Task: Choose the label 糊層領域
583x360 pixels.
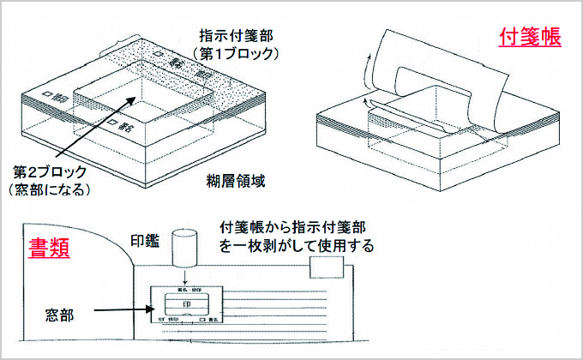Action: coord(240,181)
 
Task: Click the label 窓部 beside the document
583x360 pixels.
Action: coord(57,315)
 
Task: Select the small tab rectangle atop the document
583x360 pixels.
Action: coord(326,267)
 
